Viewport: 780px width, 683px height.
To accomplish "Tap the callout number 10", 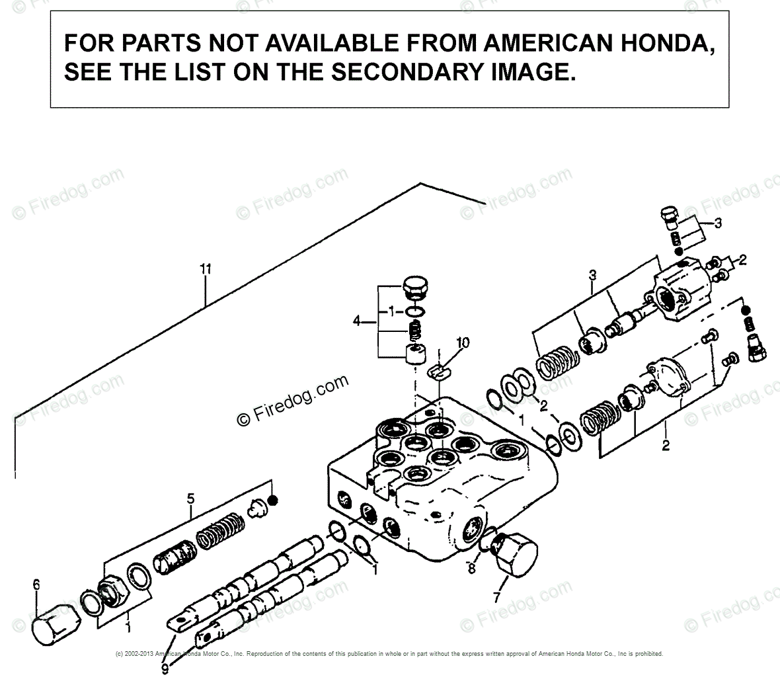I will [x=463, y=342].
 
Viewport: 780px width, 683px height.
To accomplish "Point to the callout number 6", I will [x=36, y=584].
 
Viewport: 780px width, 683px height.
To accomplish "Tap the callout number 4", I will [x=358, y=322].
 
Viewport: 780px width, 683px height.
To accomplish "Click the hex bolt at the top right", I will [x=669, y=216].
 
